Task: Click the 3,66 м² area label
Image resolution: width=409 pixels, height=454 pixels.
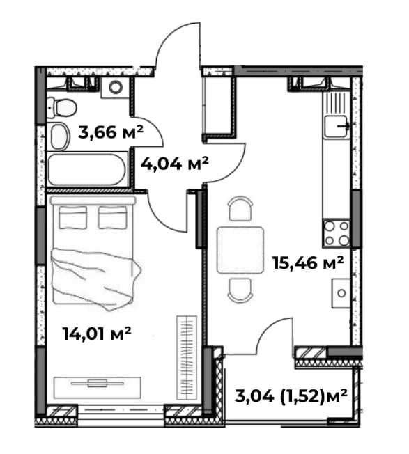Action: coord(111,132)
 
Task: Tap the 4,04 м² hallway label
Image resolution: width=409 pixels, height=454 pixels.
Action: coord(174,164)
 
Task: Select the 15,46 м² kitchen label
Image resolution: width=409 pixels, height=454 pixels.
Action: coord(308,263)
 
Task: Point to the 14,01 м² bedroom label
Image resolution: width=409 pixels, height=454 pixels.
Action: coord(97,334)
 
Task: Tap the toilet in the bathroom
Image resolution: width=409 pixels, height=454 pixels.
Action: coord(62,108)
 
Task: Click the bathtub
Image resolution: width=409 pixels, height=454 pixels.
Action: coord(88,169)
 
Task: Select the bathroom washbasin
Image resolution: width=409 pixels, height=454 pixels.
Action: coord(60,136)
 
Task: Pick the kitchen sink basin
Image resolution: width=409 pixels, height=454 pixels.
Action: coord(336,126)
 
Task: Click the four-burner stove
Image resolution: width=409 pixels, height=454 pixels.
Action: coord(337,233)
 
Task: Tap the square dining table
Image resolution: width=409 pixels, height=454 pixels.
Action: coord(240,250)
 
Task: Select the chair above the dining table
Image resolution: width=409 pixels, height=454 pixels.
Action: coord(240,208)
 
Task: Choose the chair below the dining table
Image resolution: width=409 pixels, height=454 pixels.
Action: coord(240,290)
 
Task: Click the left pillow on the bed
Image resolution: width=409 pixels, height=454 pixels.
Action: coord(72,217)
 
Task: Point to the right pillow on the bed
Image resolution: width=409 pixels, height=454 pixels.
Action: coord(112,217)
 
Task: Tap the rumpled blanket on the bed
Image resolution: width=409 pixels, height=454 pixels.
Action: coord(95,279)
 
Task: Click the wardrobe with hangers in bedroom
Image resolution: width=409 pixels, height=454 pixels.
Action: coord(187,358)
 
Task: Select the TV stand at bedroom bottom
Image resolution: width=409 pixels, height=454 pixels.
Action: coord(98,387)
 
